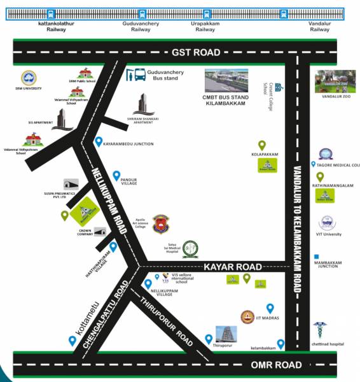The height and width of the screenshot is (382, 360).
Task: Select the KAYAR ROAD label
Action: click(233, 266)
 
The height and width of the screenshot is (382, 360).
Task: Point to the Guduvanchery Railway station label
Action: click(141, 26)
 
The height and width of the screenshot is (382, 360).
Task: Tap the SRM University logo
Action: click(29, 78)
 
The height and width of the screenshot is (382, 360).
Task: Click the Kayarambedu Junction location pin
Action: click(98, 142)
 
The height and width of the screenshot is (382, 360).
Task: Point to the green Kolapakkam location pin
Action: click(261, 146)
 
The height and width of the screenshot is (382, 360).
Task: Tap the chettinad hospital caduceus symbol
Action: click(319, 330)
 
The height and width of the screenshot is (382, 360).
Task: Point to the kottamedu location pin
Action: click(73, 341)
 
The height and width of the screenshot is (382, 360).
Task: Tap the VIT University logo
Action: click(328, 223)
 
